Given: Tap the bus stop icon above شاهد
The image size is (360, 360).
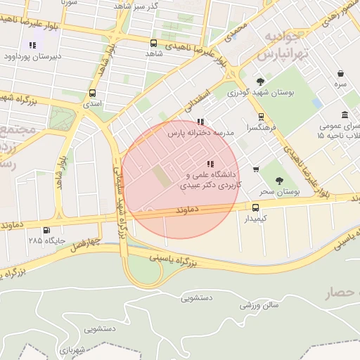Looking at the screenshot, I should pos(154,43).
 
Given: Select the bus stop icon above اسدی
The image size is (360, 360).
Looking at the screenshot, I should pos(92,93).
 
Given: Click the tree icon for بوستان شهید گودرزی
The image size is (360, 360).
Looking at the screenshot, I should pos(261,82).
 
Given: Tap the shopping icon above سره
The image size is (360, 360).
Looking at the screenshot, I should pos(340,74).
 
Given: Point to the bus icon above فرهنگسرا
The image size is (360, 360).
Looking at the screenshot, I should pos(261,117).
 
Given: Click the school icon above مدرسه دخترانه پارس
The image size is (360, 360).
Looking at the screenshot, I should pos(201,122).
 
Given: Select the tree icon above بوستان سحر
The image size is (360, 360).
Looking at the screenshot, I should pos(279,181).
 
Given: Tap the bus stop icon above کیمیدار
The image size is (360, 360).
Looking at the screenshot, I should pos(255,207).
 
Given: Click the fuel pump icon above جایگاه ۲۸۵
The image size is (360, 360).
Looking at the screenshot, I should pos(47,230).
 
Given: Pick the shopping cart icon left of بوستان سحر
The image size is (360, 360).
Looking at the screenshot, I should pos(255,169).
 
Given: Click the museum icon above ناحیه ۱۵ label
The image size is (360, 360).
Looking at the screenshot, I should pos(345,115).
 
